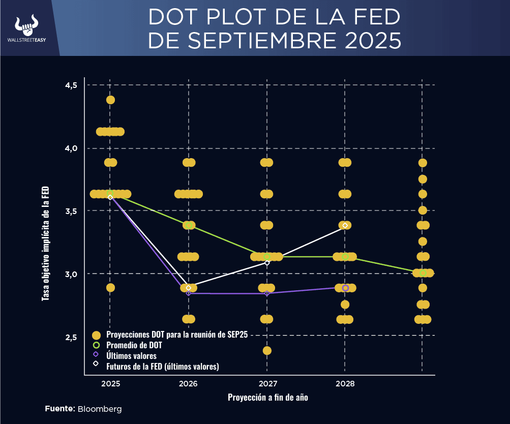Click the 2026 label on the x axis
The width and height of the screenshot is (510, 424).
(x=188, y=383)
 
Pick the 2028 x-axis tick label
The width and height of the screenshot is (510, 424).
(x=345, y=383)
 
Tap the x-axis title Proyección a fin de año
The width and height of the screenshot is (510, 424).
(x=267, y=398)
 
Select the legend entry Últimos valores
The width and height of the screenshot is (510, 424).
(x=131, y=356)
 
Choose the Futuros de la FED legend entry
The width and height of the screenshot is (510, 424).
(x=162, y=366)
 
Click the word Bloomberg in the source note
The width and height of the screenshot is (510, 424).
(x=100, y=409)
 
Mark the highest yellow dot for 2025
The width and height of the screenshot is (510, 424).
(x=110, y=100)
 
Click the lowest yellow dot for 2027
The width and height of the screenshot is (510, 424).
(x=267, y=350)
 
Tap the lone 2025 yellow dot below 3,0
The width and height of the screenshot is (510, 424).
(x=110, y=288)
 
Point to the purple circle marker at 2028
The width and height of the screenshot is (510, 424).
(x=345, y=288)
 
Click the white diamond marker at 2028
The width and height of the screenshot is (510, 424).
(x=345, y=225)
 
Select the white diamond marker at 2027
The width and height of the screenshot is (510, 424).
(x=267, y=263)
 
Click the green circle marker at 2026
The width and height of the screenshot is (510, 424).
(x=189, y=225)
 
